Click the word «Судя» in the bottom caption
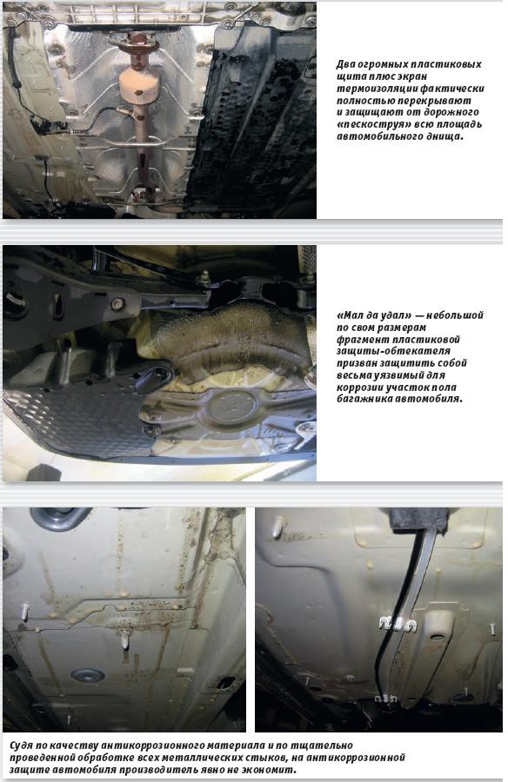[x=22, y=746]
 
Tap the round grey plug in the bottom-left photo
[x=88, y=675]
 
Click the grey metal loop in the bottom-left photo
[x=60, y=518]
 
